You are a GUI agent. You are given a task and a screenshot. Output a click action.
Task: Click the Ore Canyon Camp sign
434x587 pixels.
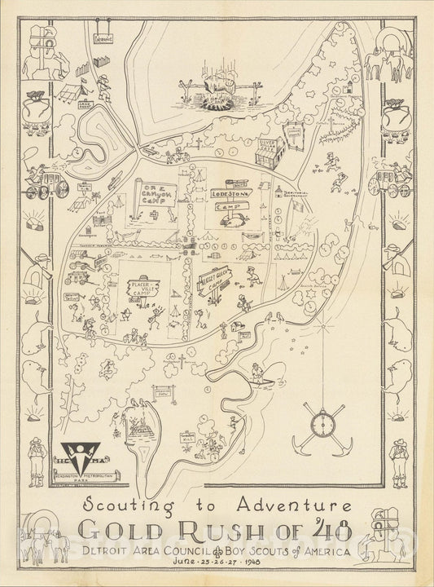[149, 196]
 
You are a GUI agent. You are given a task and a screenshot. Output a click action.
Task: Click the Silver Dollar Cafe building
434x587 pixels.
[269, 149]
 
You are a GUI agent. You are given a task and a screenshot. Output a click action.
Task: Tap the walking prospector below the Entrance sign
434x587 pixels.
[106, 83]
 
